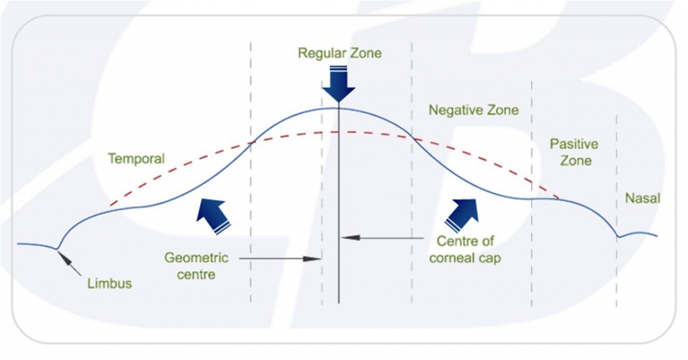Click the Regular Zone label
(x=339, y=53)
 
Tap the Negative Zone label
(x=474, y=110)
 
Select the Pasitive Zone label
(x=574, y=152)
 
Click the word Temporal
(x=136, y=159)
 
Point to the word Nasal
(x=643, y=198)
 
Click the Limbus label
(x=110, y=283)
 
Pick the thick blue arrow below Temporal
(x=213, y=214)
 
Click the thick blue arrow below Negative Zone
(x=462, y=214)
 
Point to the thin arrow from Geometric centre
(x=279, y=258)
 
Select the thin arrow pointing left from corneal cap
(x=383, y=238)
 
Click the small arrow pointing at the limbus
(x=73, y=264)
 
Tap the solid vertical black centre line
(x=339, y=201)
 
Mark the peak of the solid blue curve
(x=333, y=107)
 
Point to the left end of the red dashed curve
(x=110, y=204)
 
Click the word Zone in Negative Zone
(x=503, y=110)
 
